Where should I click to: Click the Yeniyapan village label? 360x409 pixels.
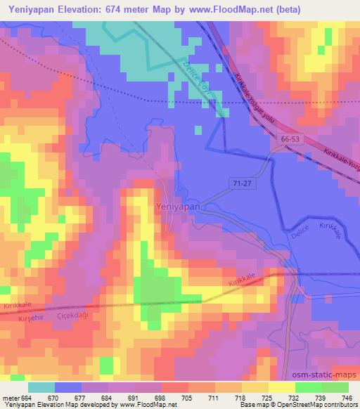tap(178, 207)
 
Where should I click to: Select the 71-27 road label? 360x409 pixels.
tap(240, 182)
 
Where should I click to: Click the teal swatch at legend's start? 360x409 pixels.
tap(41, 387)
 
